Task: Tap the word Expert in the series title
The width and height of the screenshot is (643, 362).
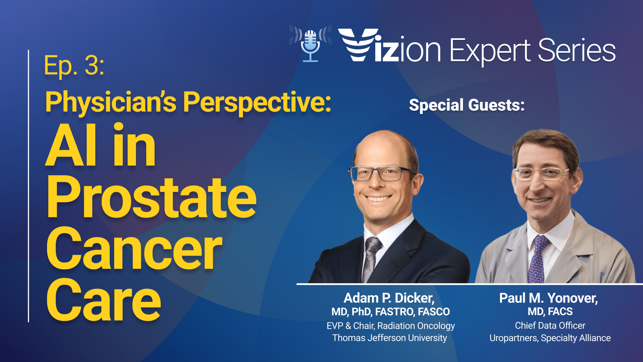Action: click(490, 51)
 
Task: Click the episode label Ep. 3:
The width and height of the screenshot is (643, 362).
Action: click(74, 66)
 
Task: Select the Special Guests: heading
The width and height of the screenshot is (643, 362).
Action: click(467, 105)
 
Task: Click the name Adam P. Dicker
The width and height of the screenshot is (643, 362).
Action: click(389, 298)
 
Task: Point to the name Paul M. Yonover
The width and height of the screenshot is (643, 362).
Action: click(549, 298)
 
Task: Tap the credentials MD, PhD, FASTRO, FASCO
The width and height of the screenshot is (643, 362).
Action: click(391, 312)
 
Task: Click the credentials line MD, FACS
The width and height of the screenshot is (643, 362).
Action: click(550, 311)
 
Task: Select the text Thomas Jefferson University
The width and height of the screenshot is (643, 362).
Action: click(390, 338)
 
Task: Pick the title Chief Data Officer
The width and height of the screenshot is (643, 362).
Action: click(550, 326)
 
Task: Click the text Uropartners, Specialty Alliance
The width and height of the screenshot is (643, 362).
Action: click(550, 338)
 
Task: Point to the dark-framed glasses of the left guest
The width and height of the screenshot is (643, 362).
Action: click(382, 173)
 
